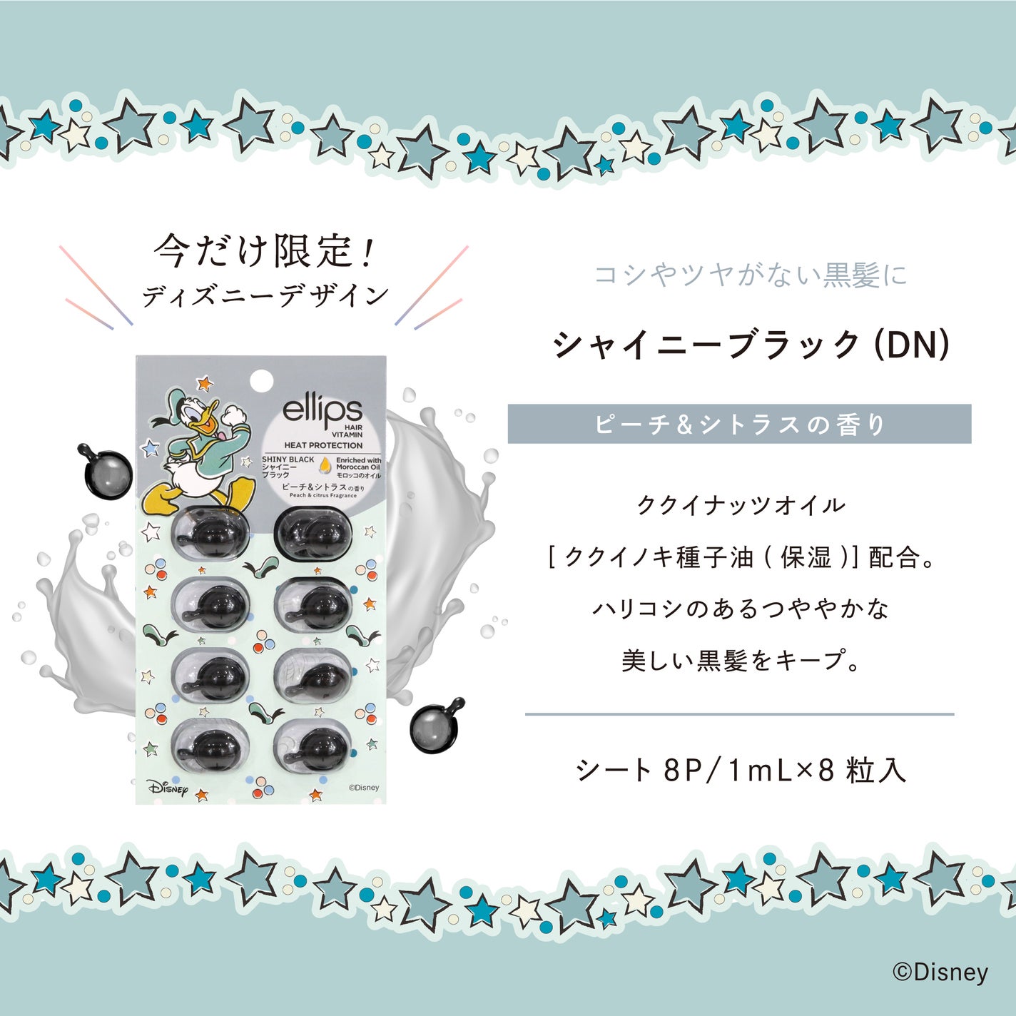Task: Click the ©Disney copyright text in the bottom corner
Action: coord(940,972)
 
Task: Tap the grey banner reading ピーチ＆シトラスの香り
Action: coord(739,425)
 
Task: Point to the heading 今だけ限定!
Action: coord(263,251)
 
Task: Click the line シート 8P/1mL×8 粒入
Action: coord(741,770)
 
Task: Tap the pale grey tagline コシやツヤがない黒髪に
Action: coord(751,275)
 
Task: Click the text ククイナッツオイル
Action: coord(741,506)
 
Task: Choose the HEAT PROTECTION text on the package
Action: coord(323,445)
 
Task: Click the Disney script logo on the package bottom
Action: coord(169,788)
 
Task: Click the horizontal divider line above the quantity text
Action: coord(739,713)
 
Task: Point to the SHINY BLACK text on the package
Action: coord(288,459)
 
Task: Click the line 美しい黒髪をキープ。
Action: coord(741,661)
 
